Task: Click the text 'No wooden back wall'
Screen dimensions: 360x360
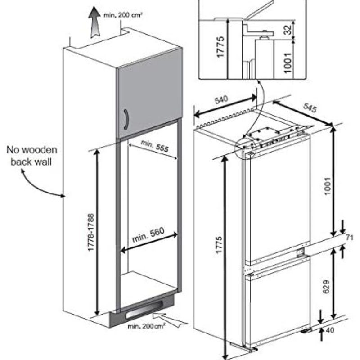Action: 31,155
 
